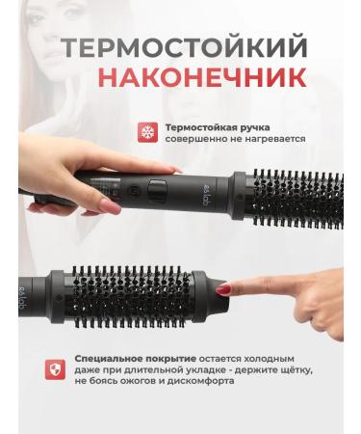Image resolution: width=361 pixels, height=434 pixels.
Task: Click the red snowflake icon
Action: pyautogui.click(x=148, y=132)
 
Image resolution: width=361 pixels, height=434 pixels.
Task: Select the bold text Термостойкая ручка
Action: pyautogui.click(x=218, y=126)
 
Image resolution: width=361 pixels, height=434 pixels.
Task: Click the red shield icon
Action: pyautogui.click(x=57, y=368)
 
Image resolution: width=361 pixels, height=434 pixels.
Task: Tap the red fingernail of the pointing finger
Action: pyautogui.click(x=223, y=287)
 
